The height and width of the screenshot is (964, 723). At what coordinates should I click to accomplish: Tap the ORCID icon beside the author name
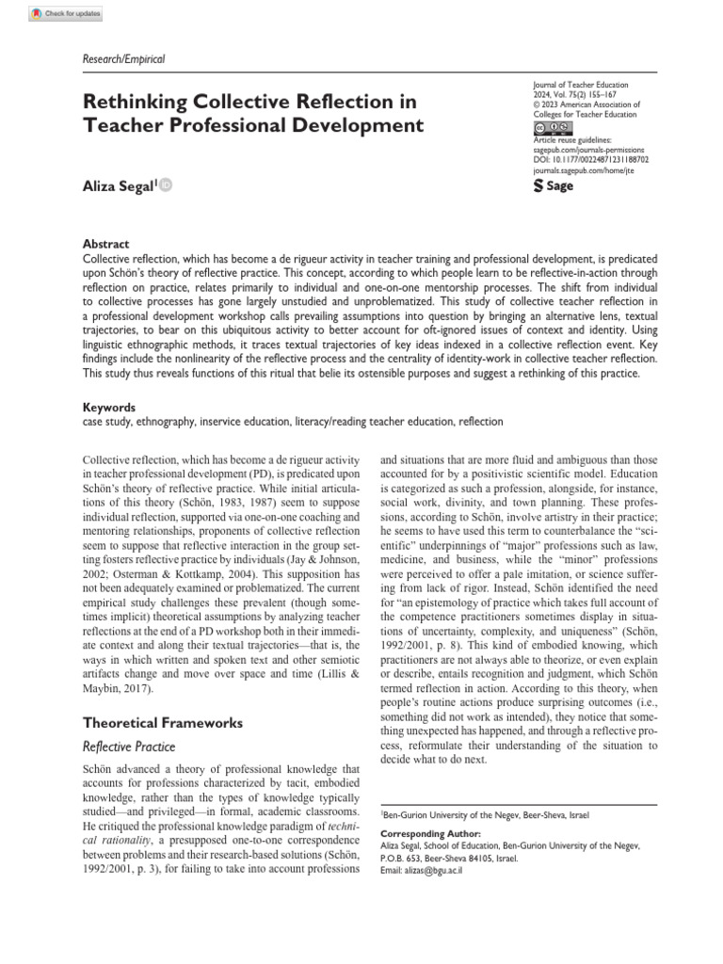166,186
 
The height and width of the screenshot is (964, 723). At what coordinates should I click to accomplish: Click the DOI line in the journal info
590,160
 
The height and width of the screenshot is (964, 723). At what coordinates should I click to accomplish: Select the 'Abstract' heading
106,244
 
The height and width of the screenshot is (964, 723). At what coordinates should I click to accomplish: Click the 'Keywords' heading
110,408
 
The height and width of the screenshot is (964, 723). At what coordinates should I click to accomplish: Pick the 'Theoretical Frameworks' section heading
164,723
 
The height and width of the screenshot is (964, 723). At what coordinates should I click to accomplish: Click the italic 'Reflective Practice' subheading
129,746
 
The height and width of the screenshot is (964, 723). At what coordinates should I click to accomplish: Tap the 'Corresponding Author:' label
429,834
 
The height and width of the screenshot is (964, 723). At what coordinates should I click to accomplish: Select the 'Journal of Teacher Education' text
580,85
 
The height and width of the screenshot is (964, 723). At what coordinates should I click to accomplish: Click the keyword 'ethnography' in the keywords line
171,423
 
